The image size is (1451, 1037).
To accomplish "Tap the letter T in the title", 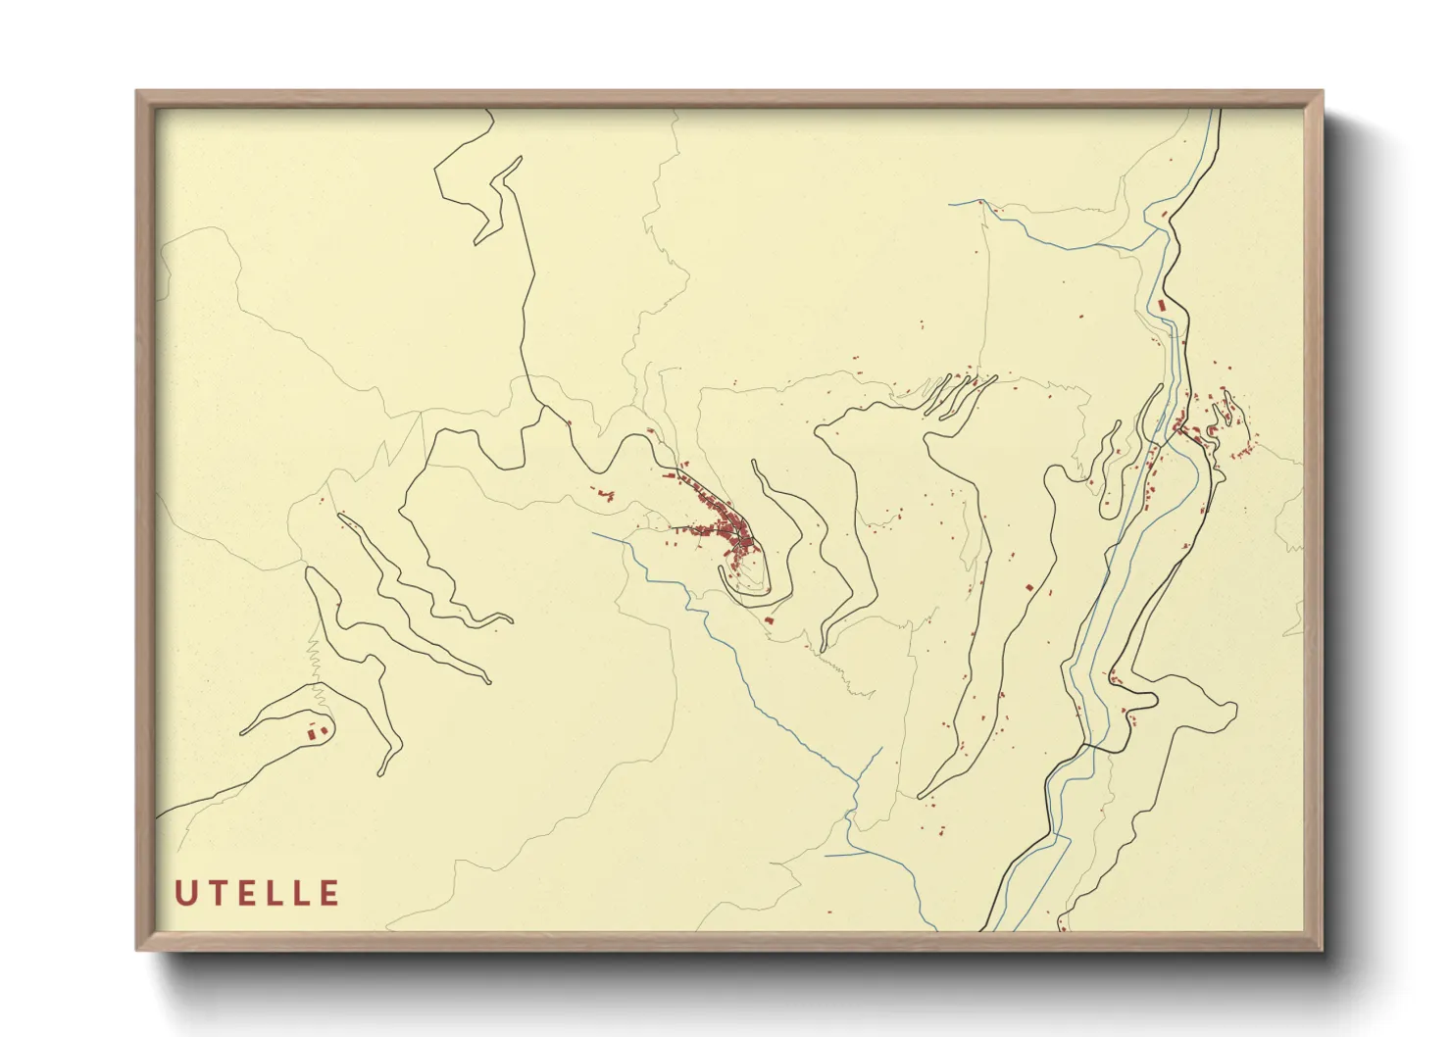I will click(216, 893).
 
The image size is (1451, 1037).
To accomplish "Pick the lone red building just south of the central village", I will click(770, 619).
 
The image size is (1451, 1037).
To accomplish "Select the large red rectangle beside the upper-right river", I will click(1163, 306).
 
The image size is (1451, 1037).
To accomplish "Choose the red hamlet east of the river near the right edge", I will click(1216, 421).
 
